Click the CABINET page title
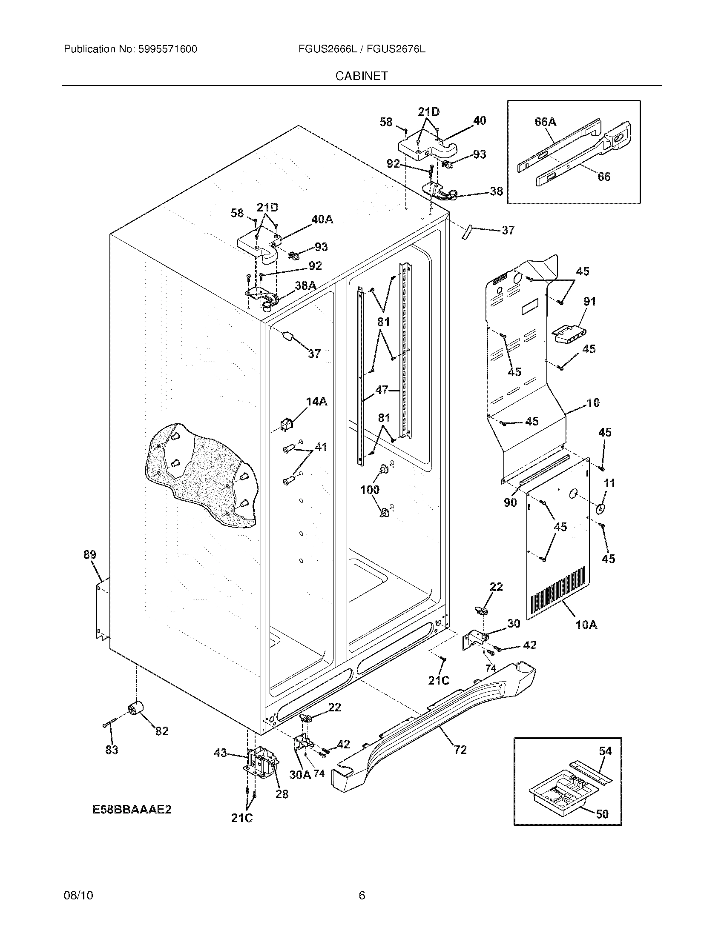[362, 76]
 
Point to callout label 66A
[545, 122]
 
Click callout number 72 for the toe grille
[460, 750]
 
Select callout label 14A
[316, 402]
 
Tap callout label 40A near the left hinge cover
[322, 220]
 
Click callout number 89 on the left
[89, 554]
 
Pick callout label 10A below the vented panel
[586, 625]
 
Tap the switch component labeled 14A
[285, 424]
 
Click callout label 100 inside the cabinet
[370, 490]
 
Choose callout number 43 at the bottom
[221, 753]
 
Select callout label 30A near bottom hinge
[300, 774]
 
